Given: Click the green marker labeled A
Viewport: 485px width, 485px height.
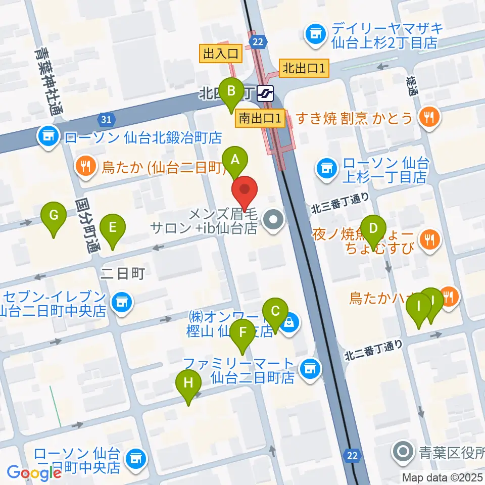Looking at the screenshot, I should click(234, 161).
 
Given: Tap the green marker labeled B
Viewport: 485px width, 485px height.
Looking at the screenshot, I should click(231, 92).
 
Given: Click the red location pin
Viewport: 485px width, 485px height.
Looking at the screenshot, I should click(245, 191).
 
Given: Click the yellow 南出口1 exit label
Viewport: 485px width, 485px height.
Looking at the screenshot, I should click(260, 119).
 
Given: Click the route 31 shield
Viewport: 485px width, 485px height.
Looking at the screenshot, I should click(106, 120).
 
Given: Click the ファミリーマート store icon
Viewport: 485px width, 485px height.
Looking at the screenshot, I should click(310, 369).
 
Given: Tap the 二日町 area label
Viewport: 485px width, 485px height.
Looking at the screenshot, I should click(123, 274).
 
